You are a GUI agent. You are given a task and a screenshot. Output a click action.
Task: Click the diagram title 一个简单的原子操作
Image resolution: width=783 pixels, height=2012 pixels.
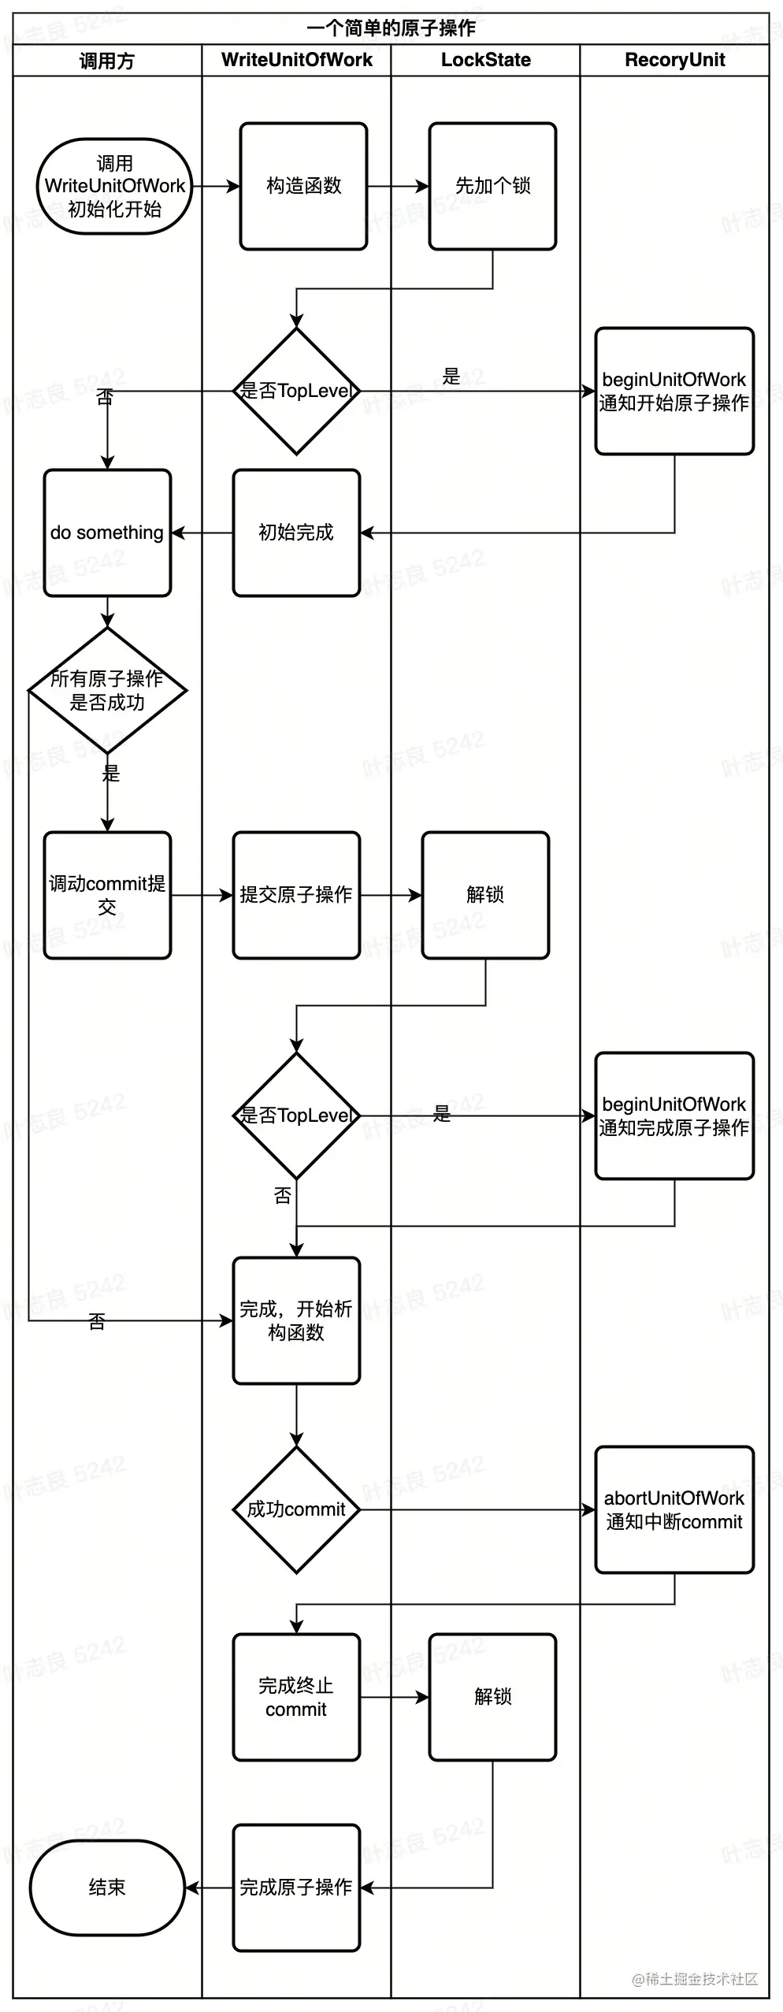click(391, 28)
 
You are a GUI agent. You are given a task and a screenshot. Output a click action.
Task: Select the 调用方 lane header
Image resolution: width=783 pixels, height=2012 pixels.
click(107, 61)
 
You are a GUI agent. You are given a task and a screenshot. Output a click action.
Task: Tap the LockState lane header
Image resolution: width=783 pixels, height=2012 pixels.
click(485, 61)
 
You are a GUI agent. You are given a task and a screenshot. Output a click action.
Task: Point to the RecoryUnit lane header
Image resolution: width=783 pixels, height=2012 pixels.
click(674, 61)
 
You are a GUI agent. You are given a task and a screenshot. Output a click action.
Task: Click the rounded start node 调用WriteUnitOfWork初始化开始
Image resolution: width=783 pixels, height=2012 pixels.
click(115, 187)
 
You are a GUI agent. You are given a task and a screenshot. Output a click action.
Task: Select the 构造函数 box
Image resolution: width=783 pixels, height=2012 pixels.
click(303, 187)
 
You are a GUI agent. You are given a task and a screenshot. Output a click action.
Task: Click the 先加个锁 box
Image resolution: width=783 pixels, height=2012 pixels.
click(492, 187)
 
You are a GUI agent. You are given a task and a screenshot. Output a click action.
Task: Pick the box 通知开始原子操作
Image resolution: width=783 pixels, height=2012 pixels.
click(674, 392)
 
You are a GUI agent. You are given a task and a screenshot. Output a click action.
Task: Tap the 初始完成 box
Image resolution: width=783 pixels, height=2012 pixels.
click(296, 533)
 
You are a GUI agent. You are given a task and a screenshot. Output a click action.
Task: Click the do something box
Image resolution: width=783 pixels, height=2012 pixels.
click(107, 533)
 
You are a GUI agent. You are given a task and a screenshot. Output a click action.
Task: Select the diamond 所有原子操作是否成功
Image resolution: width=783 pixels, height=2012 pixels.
click(107, 691)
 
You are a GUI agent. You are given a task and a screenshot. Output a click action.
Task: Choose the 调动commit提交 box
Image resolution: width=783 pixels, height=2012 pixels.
click(107, 896)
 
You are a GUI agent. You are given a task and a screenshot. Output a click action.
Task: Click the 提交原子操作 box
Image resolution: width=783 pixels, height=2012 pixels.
click(296, 896)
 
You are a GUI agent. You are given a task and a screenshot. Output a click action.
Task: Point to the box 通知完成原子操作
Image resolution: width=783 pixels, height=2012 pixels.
click(674, 1116)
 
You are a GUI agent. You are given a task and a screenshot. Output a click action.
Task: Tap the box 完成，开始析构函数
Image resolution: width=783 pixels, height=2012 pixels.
click(296, 1321)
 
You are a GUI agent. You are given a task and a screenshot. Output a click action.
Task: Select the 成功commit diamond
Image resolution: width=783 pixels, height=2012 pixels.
click(296, 1510)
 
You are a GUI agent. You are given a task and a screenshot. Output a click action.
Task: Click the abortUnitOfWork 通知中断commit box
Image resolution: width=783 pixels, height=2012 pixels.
click(674, 1510)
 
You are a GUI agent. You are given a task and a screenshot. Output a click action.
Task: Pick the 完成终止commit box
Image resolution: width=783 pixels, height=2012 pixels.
click(296, 1698)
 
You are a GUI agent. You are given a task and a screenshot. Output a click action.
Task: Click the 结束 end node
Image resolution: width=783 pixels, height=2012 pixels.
click(107, 1888)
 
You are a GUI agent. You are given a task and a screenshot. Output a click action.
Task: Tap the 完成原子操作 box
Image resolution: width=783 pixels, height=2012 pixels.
click(296, 1888)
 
